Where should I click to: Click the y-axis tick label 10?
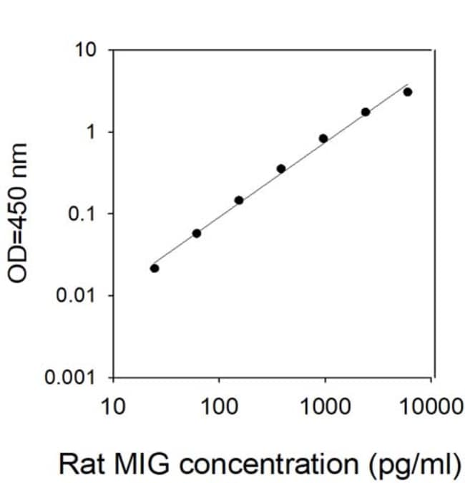[86, 49]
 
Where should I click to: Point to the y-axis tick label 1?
[91, 132]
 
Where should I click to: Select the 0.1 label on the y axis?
[81, 214]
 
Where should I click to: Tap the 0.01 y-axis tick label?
[75, 295]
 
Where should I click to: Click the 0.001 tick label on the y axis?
[69, 377]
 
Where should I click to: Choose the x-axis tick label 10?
[113, 406]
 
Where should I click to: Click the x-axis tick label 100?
[219, 406]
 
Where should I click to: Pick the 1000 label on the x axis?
[325, 406]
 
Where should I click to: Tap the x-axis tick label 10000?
[431, 406]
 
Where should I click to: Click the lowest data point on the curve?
[155, 269]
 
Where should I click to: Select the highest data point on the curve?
[408, 92]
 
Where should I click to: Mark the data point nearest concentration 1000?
[323, 138]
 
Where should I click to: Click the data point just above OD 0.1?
[239, 201]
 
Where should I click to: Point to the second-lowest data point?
[197, 234]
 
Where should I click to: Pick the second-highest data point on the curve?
[366, 112]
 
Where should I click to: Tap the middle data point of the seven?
[281, 169]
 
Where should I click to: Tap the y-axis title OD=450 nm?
[18, 213]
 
